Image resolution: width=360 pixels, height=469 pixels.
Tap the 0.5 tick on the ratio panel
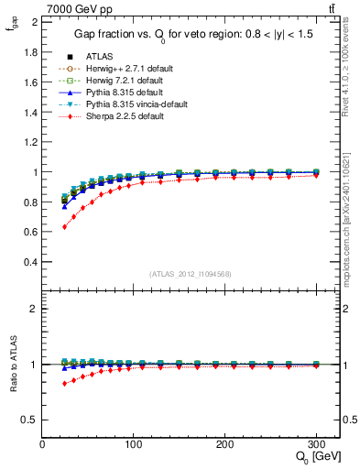[x=32, y=420]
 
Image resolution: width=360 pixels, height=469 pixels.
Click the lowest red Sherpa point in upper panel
[x=64, y=226]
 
